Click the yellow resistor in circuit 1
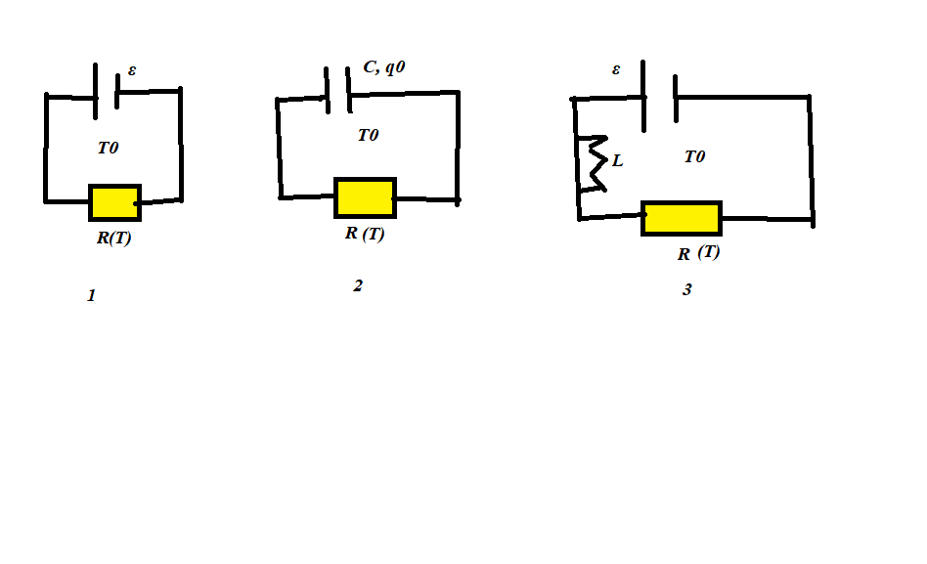[x=114, y=202]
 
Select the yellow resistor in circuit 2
[x=366, y=197]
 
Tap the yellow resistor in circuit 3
[x=682, y=218]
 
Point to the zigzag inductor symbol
[x=595, y=163]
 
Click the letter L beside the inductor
[x=617, y=160]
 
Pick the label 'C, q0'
[x=384, y=66]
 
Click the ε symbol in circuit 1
[x=132, y=70]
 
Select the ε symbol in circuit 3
[x=616, y=69]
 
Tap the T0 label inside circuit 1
[x=109, y=148]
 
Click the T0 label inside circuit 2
[x=368, y=135]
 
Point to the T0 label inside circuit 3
[x=694, y=156]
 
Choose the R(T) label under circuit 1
[x=114, y=238]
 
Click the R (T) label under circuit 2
[x=365, y=234]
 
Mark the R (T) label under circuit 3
[x=699, y=252]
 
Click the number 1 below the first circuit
[x=91, y=295]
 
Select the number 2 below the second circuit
[x=358, y=285]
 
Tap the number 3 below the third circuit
[x=687, y=289]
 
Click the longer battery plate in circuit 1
[x=95, y=91]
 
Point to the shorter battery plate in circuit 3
[x=676, y=98]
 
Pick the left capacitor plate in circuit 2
[x=327, y=90]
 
